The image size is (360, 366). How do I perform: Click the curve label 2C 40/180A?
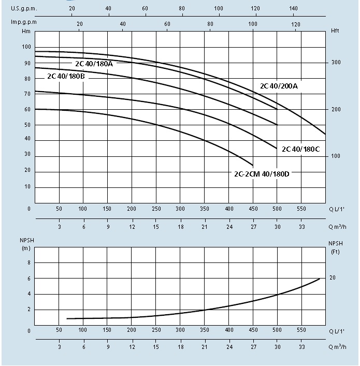[93, 64]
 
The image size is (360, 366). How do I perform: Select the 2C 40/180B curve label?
[66, 77]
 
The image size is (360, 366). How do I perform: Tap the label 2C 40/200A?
[279, 86]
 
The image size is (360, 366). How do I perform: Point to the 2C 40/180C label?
[300, 149]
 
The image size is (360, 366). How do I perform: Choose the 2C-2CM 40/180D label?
[262, 173]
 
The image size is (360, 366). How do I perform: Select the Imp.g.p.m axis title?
[24, 22]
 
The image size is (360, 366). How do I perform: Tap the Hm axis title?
[24, 32]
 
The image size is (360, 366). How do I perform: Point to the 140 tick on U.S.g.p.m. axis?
[294, 8]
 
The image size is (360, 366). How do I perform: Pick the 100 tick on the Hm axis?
[26, 47]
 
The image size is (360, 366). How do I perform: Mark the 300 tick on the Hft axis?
[336, 63]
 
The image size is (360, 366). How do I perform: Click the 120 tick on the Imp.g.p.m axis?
[296, 24]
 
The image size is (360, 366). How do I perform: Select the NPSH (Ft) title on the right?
[335, 247]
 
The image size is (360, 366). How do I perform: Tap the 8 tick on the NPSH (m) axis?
[29, 263]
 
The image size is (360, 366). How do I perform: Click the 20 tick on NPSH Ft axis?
[333, 278]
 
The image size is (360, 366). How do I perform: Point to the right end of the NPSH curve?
[320, 279]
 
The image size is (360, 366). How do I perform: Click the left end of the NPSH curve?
[67, 318]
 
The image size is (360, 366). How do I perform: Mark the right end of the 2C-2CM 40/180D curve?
[253, 165]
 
